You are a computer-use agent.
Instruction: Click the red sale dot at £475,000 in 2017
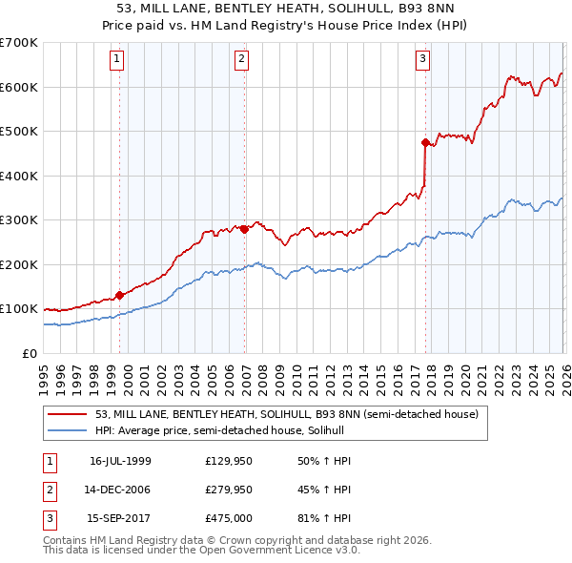[x=425, y=142]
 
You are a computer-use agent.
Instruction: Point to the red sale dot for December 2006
[x=245, y=229]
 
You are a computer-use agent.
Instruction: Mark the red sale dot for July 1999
[x=119, y=296]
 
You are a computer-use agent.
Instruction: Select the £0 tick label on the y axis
[x=28, y=353]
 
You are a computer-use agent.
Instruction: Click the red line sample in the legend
[x=69, y=414]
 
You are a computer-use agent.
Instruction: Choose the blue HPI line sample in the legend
[x=69, y=430]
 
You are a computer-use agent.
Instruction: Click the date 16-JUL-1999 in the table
[x=120, y=461]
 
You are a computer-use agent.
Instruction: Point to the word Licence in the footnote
[x=283, y=551]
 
